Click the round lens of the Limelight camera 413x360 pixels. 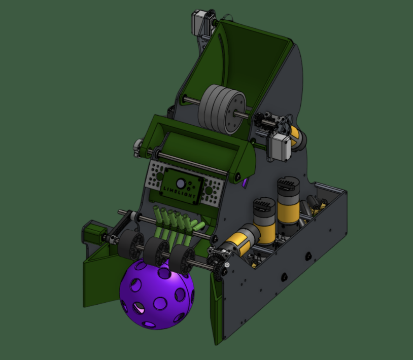(180, 182)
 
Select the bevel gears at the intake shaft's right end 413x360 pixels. (219, 259)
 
